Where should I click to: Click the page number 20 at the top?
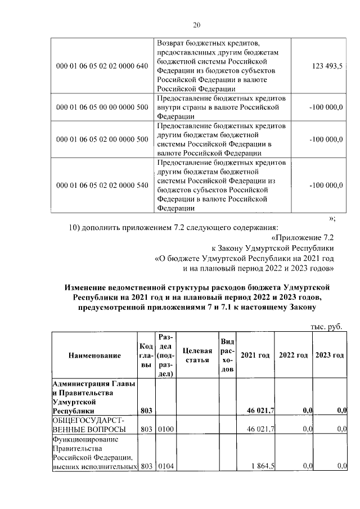tap(196, 25)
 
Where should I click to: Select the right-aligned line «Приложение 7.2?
tap(303, 238)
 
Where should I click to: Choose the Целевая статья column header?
tap(197, 355)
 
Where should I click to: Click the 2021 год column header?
tap(255, 355)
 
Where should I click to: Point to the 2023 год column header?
tap(329, 355)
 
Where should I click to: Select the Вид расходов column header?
tap(227, 355)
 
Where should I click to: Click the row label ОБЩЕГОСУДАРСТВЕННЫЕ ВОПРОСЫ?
tap(87, 425)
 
